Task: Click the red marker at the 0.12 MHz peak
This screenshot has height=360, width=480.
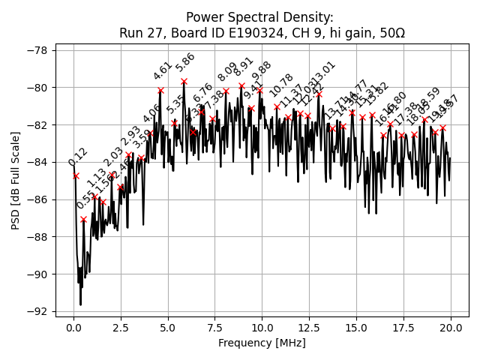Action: (76, 175)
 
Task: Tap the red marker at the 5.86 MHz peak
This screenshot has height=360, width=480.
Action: (184, 81)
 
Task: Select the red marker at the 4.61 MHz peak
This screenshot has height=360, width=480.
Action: (160, 91)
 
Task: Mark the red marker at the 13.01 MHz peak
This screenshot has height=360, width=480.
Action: (319, 94)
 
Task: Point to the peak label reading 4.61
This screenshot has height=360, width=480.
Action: (163, 71)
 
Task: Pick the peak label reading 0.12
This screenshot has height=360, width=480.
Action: (78, 157)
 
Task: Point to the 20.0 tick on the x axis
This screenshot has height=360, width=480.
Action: (451, 328)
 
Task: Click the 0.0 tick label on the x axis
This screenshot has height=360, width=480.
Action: (73, 328)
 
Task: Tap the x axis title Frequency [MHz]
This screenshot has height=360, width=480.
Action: (262, 343)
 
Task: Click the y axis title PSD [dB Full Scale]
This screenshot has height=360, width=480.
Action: (16, 180)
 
